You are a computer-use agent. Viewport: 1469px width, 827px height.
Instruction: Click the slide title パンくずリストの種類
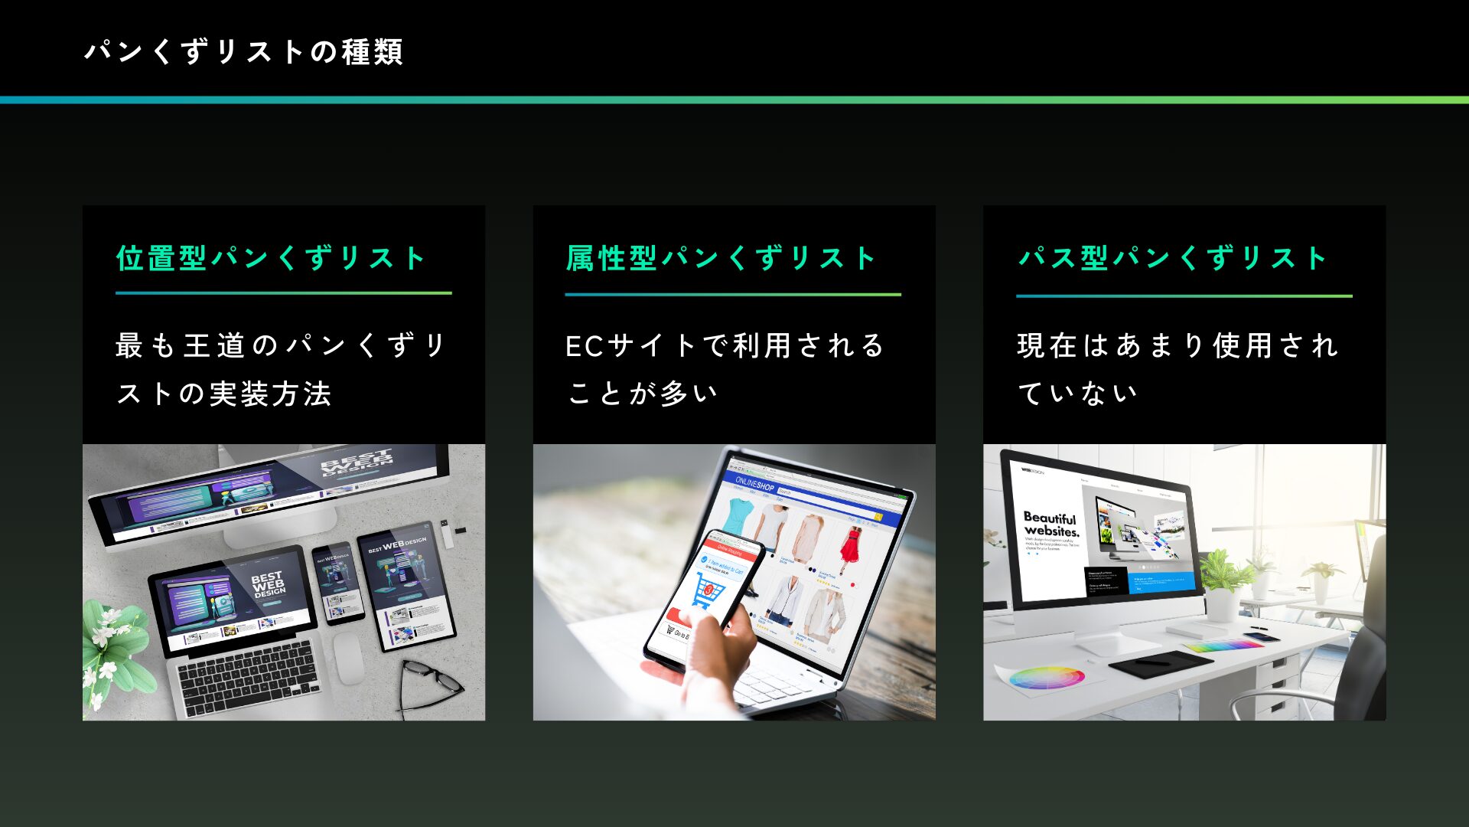click(243, 52)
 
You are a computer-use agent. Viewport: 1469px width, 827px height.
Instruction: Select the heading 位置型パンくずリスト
click(271, 258)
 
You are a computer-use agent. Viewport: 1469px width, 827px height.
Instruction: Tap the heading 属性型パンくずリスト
click(721, 258)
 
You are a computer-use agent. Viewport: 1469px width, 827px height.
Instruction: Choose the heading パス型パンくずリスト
click(1172, 258)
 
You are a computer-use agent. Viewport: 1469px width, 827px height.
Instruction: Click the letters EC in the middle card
click(585, 346)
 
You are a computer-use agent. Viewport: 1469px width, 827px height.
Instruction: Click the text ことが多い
click(643, 394)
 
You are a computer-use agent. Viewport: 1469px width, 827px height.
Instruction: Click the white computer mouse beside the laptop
click(348, 656)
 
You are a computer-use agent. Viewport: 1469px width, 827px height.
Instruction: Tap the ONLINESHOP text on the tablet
click(754, 484)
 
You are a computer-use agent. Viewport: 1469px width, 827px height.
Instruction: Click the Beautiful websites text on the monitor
click(1051, 525)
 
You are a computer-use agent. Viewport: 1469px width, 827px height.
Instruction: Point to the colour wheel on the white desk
click(1046, 677)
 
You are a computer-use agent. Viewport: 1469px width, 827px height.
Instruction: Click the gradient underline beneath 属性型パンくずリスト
click(733, 294)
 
